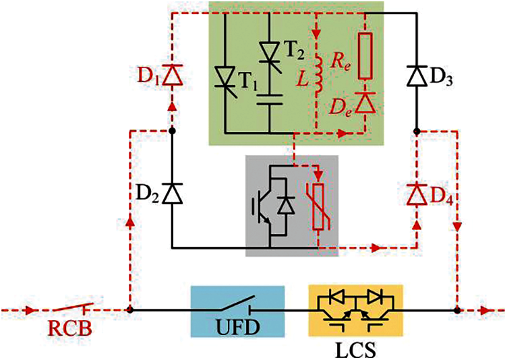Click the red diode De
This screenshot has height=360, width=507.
364,102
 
